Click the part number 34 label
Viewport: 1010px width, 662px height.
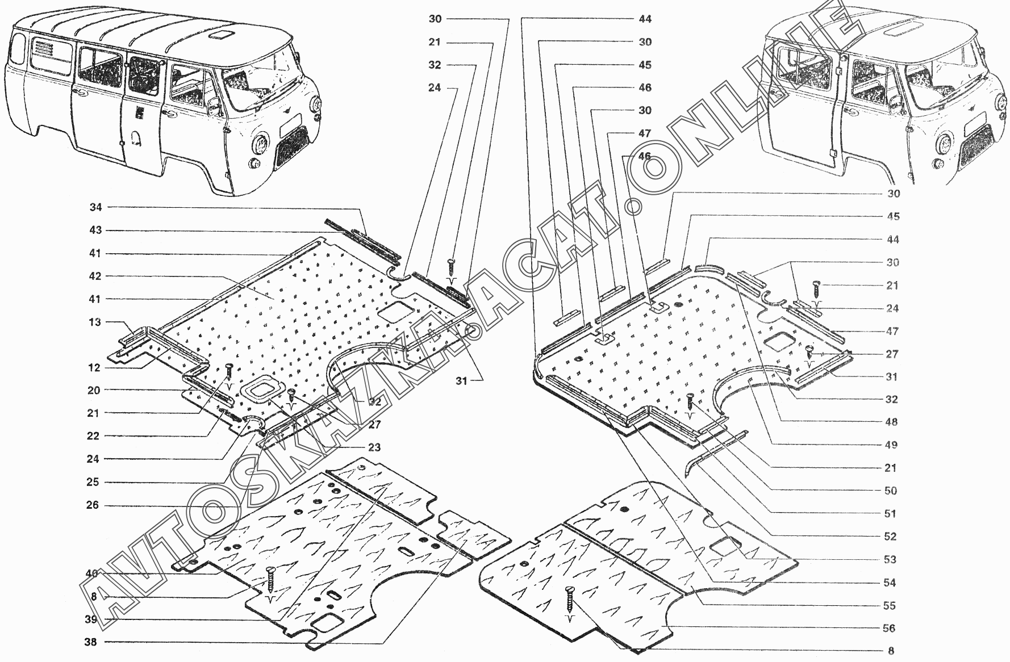(95, 207)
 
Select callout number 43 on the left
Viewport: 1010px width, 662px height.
(95, 230)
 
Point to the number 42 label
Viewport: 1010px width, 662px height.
(95, 276)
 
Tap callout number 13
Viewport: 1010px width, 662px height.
(94, 322)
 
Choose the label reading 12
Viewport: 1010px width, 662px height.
(94, 367)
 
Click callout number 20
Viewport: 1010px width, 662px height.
(93, 390)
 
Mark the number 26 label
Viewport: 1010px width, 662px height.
(93, 505)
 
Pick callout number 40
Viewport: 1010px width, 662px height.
(91, 573)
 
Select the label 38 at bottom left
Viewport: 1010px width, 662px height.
(91, 643)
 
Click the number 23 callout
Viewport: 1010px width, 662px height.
(374, 447)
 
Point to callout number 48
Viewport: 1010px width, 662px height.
(891, 422)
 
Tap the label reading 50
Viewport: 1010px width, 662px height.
(891, 491)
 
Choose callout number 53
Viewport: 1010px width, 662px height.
(890, 559)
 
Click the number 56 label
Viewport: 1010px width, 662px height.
(889, 628)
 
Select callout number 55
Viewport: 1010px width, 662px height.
(889, 605)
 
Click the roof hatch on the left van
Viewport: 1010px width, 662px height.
(218, 35)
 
